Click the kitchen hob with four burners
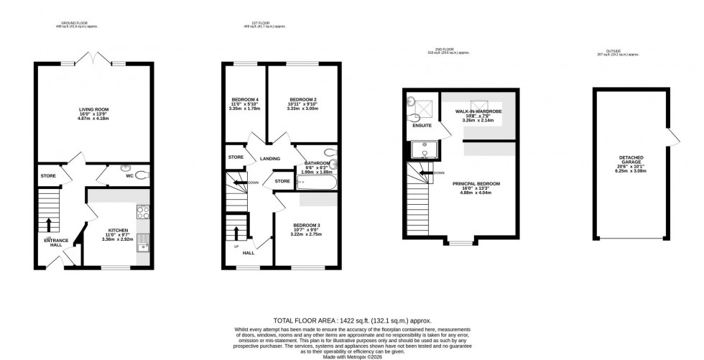pos(142,212)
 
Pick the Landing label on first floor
pos(270,159)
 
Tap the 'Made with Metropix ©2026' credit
pos(351,356)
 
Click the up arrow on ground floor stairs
pos(50,222)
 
